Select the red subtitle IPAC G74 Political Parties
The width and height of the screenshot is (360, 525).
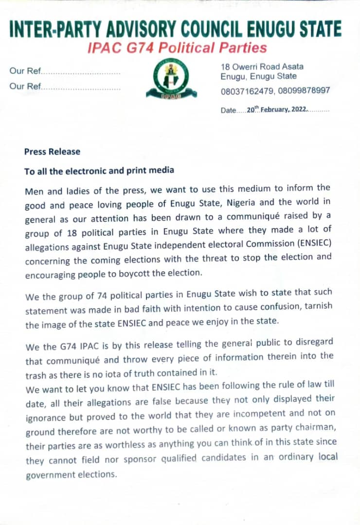(x=177, y=48)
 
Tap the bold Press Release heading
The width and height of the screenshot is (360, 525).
(x=52, y=152)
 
